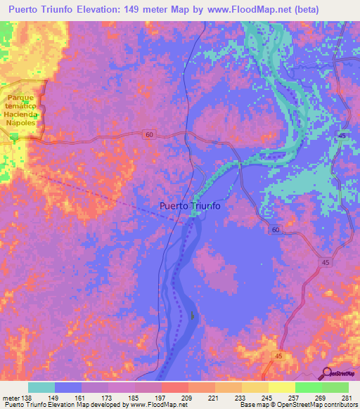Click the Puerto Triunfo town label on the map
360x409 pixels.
coord(190,206)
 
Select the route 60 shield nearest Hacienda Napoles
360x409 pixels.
coord(149,134)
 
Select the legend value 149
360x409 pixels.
coord(55,398)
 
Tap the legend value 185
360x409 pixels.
coord(135,398)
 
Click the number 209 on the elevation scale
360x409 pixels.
coord(188,398)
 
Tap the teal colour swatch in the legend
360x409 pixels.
coord(41,387)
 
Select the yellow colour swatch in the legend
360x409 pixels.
coord(281,387)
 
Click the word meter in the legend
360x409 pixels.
coord(11,398)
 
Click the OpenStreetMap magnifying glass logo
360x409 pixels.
coord(328,373)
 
